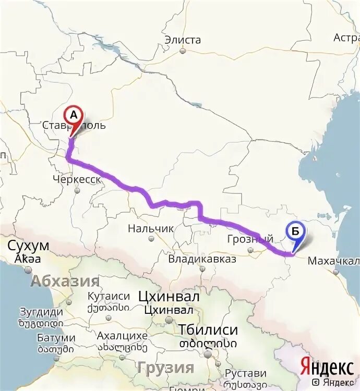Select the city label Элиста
click(x=183, y=40)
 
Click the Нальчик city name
click(x=151, y=228)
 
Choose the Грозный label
click(x=250, y=239)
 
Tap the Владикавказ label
click(x=202, y=259)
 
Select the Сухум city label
click(x=29, y=246)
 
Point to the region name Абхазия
click(x=65, y=282)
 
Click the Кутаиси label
click(x=109, y=296)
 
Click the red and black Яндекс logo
click(x=327, y=367)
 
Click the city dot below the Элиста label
click(x=183, y=51)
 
